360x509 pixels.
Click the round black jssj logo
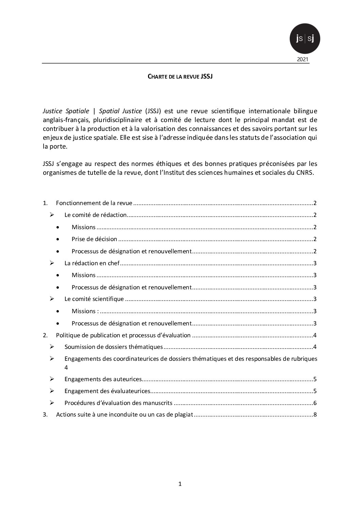tap(305, 38)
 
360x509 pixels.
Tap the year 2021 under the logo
tap(302, 60)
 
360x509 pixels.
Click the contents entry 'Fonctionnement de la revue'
tap(94, 203)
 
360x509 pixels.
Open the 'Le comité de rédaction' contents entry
tap(96, 215)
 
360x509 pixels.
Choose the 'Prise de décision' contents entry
tap(94, 239)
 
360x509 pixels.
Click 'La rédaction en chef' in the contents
tap(92, 263)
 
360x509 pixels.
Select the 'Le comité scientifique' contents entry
tap(94, 299)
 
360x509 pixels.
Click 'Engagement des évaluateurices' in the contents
tap(107, 391)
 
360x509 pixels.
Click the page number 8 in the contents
tap(315, 415)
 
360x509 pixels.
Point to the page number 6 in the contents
tap(315, 403)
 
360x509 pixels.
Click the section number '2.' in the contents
tap(45, 335)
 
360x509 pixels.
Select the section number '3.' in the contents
tap(45, 415)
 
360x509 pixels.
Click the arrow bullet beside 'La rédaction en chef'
tap(52, 263)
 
